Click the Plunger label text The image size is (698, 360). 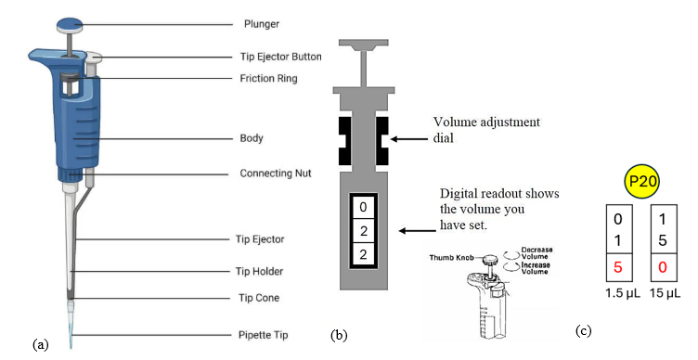[262, 23]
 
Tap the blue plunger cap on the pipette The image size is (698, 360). [71, 24]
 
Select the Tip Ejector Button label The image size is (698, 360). [280, 57]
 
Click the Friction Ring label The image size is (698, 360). [268, 78]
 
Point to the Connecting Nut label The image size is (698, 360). [276, 174]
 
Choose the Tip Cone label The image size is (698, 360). [259, 298]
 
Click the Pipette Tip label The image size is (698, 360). [263, 335]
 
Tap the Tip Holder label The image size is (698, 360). [259, 271]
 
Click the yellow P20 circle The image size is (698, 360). [642, 182]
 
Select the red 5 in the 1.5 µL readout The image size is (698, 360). [618, 267]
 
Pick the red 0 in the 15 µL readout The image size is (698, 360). [663, 267]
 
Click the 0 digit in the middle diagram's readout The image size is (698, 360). [363, 207]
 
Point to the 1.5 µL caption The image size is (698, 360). [622, 293]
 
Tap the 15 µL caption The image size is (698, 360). [666, 293]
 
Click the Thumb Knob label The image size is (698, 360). [451, 258]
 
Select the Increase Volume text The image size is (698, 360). [535, 268]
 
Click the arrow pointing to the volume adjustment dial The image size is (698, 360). [408, 139]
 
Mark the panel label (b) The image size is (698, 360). [339, 335]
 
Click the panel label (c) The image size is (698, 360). [584, 330]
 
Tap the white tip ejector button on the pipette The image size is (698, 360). [94, 57]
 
